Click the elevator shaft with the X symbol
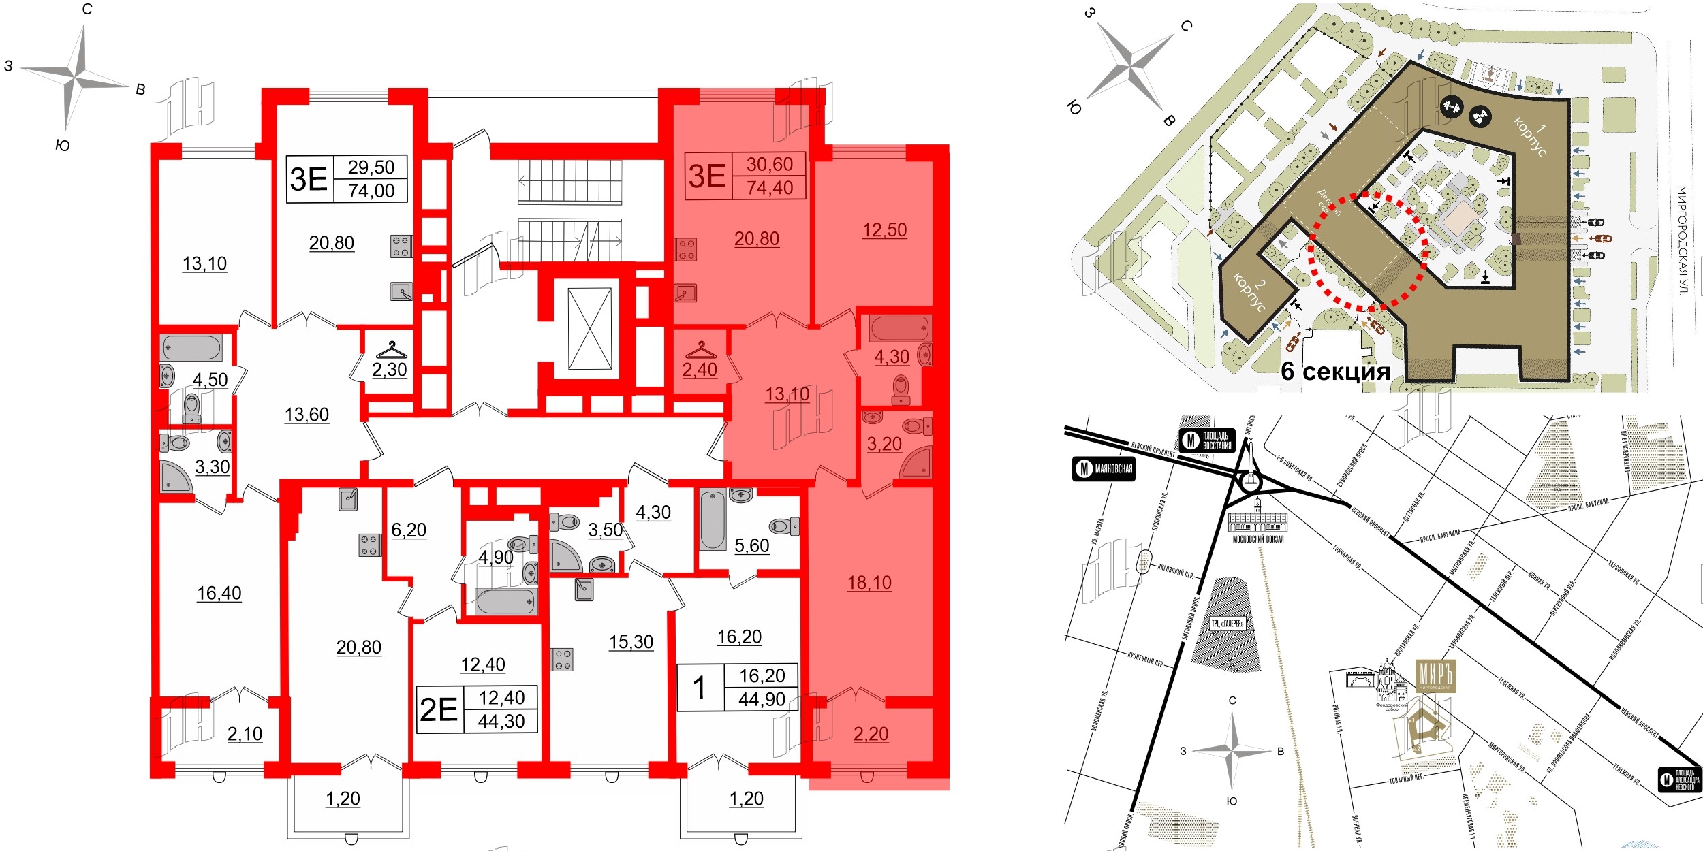[590, 328]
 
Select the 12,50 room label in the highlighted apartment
[884, 230]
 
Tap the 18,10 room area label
[869, 583]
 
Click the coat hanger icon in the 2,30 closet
[391, 351]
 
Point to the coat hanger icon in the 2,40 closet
[701, 351]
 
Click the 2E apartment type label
[439, 709]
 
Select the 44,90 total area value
[762, 699]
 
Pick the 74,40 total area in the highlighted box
[769, 188]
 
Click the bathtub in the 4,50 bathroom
[191, 347]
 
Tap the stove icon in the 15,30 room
[562, 659]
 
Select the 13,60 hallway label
[307, 415]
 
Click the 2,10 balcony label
[245, 734]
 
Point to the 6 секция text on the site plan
[1335, 371]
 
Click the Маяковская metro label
[1104, 469]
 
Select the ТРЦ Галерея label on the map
[1228, 623]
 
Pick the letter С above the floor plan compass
[87, 10]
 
